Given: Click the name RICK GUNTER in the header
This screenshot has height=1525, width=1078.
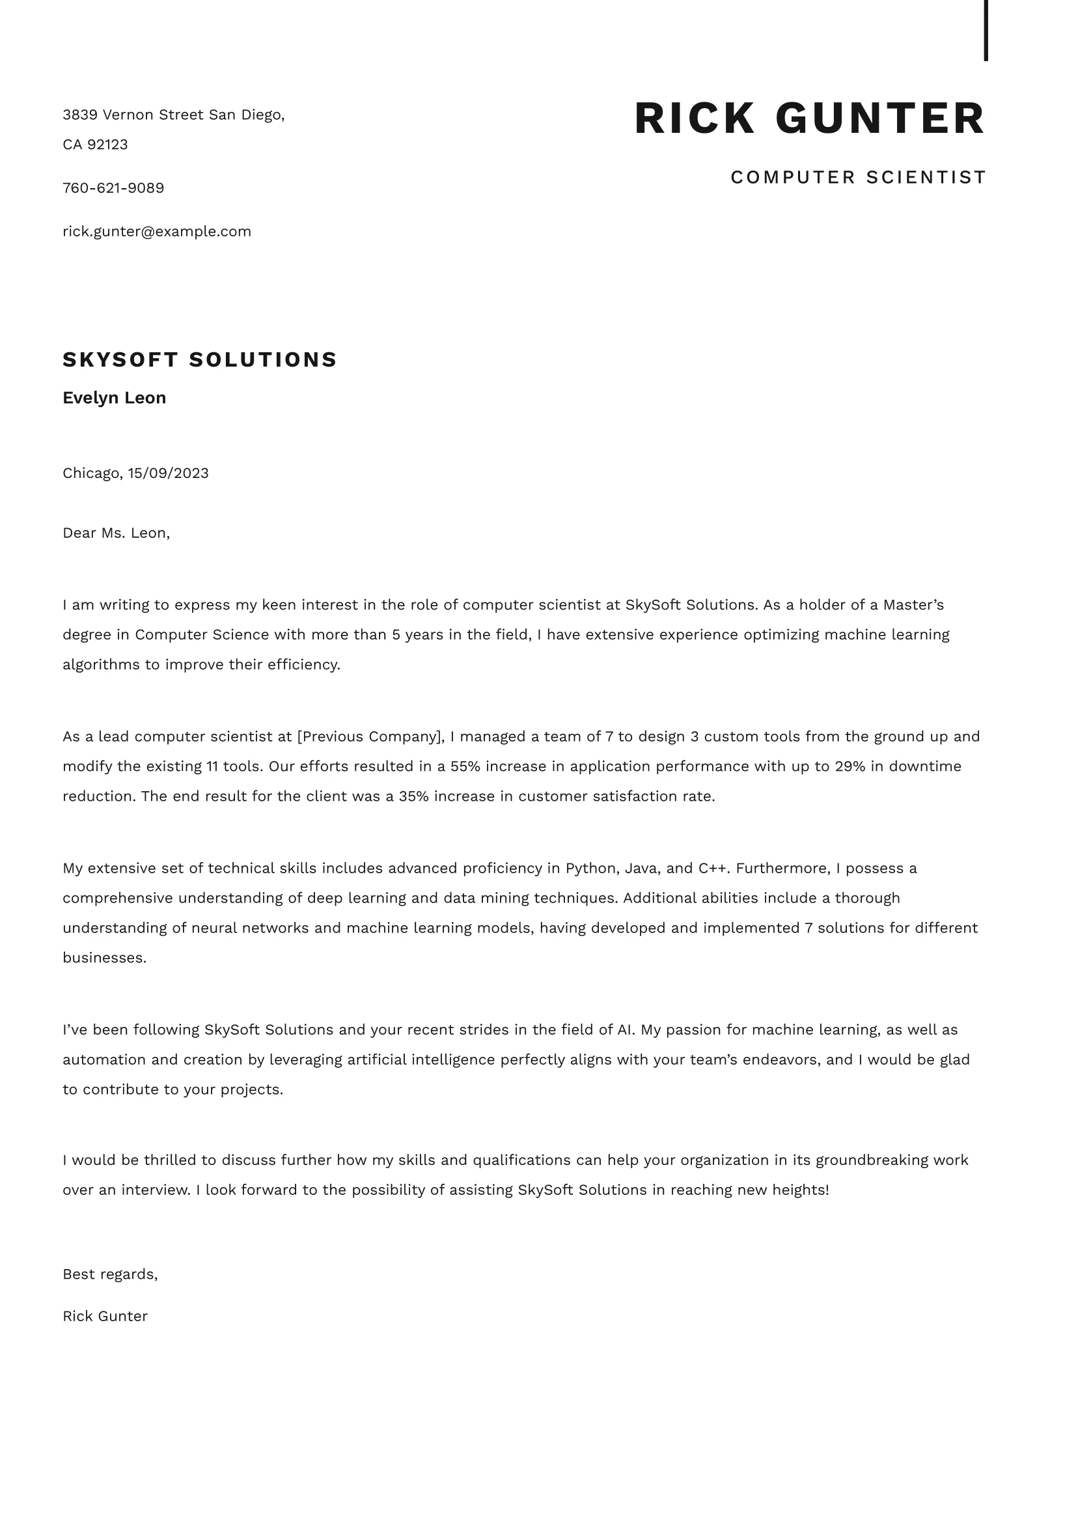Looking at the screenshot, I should pos(810,119).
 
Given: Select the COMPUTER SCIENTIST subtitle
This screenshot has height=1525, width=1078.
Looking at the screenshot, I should pos(858,177).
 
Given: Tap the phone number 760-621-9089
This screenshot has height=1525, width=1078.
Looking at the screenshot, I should pos(113,188).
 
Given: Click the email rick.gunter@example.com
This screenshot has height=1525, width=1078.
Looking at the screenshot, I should pos(157,231).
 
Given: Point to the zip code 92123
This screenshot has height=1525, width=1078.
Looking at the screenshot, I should pos(107,145).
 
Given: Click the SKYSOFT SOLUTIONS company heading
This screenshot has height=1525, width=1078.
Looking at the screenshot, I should pos(199,359).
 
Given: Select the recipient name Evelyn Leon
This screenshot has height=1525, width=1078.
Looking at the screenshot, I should pos(114,398).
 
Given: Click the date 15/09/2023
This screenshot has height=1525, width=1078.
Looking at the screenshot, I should pos(168,473).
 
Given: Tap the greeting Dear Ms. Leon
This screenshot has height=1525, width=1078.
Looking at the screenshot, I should pos(117,533).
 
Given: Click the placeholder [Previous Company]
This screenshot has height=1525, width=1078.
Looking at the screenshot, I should pos(370,736).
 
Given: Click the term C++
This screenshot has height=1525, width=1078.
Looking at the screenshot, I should pos(713,868).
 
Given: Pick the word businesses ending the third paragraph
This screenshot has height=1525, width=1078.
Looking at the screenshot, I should pos(104,957).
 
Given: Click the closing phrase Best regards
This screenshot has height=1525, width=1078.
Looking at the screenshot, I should pos(109,1273).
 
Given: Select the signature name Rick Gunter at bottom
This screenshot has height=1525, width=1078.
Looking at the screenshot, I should pos(105,1316).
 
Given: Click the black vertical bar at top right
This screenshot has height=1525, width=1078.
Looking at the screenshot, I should pos(986,30).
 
